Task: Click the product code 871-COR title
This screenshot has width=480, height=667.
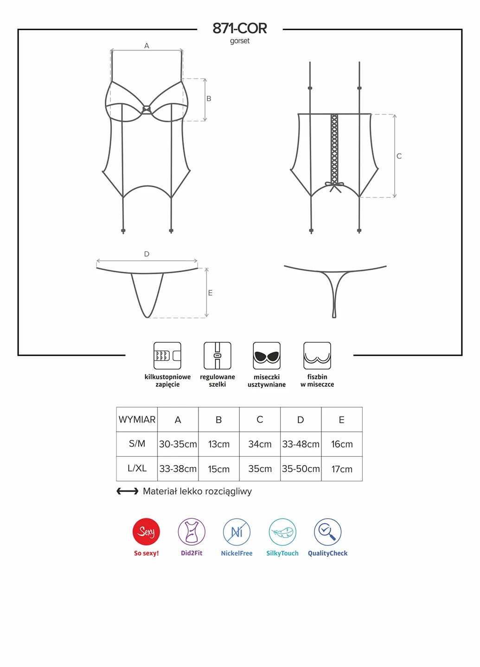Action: [240, 29]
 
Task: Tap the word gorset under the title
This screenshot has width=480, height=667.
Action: [240, 41]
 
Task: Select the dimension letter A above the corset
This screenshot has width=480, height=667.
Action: [147, 46]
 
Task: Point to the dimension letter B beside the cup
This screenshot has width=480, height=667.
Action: [209, 99]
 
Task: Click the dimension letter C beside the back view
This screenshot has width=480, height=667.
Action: [399, 156]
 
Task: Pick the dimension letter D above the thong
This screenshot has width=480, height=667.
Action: [147, 254]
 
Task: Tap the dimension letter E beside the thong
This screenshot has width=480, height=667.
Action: [210, 293]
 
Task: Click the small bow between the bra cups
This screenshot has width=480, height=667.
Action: [147, 109]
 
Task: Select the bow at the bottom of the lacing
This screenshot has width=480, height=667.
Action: [334, 187]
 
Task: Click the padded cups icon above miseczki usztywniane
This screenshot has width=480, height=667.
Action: [267, 356]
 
